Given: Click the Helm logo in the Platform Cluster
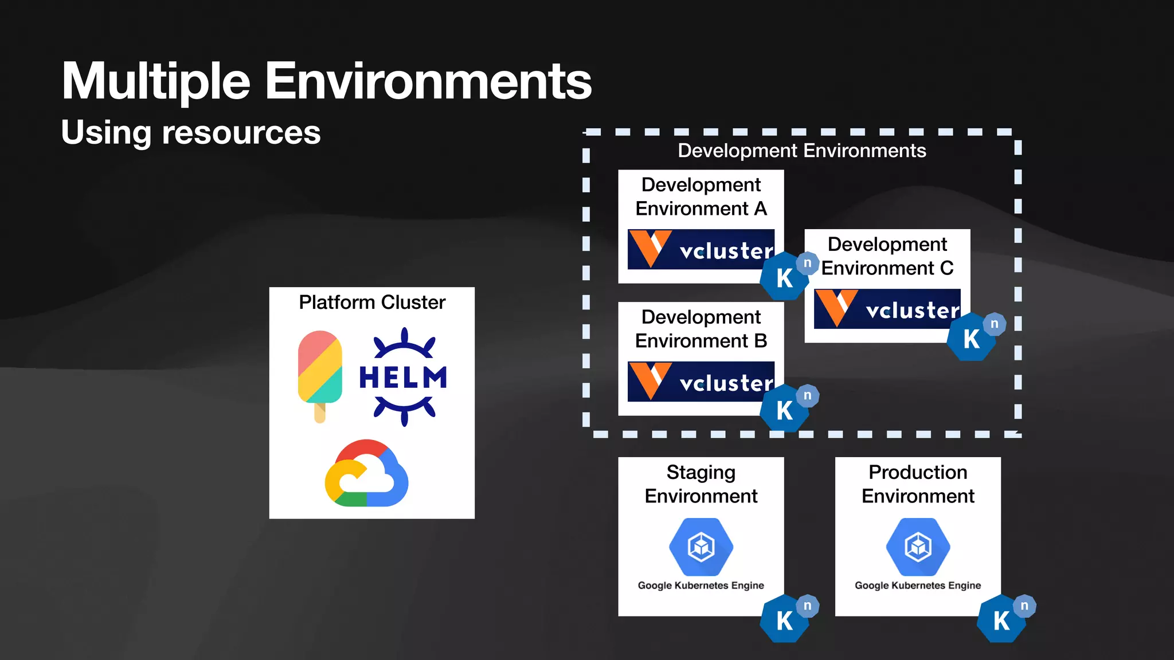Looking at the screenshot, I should point(403,377).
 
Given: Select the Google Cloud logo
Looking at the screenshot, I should point(367,474).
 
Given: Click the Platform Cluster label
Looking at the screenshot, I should point(372,302).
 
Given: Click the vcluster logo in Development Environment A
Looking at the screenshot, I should point(701,249).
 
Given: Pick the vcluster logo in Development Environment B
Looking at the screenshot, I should point(701,382).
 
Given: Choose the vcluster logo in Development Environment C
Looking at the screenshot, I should point(887,309).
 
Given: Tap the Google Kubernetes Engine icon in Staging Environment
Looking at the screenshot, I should point(701,547).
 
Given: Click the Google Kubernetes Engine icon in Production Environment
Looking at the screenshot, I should point(918,547).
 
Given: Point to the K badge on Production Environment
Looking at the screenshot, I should point(1000,620).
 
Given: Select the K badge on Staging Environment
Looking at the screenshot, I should point(784,620).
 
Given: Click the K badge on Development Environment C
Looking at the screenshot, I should point(970,339).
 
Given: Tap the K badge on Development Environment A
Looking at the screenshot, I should point(784,278).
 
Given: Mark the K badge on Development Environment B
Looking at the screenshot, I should point(784,410).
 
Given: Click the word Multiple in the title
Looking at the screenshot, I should point(156,81).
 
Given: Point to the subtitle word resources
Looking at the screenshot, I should point(241,133).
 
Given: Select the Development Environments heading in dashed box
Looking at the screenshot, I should point(801,151).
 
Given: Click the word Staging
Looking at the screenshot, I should point(701,473).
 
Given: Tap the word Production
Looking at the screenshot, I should point(918,472).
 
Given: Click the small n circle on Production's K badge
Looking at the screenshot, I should point(1024,606).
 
